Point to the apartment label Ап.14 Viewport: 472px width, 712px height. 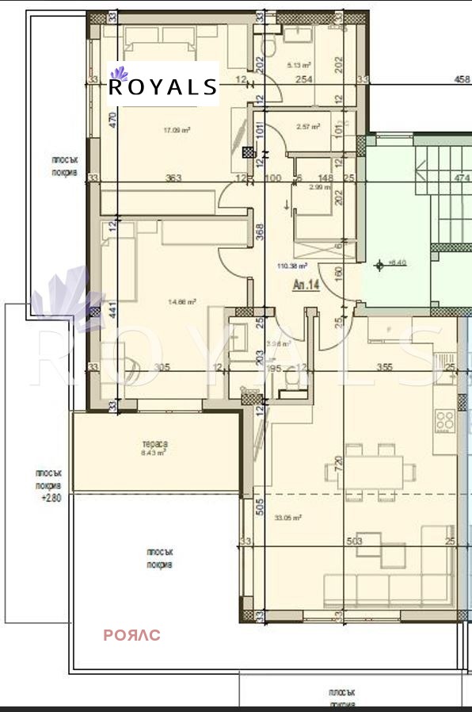click(306, 285)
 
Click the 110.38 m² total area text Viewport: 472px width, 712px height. click(291, 267)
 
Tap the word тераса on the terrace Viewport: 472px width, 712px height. click(154, 444)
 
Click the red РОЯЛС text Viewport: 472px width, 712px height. click(132, 635)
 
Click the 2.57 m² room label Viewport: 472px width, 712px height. click(307, 126)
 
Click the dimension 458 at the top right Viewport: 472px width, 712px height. click(461, 78)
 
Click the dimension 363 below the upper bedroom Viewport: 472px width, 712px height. click(175, 178)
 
